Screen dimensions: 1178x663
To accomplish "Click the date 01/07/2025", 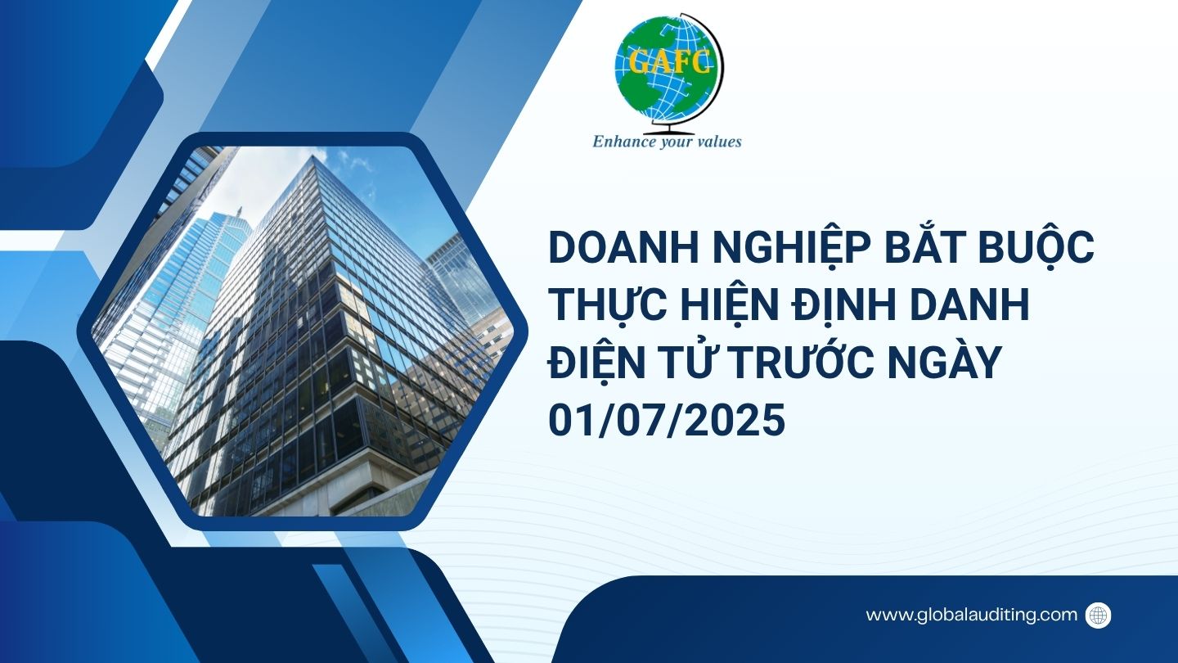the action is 667,419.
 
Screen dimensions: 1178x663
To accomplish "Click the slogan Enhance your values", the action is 667,142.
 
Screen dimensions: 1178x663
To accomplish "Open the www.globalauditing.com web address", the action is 971,615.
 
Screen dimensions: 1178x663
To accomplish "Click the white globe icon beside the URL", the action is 1098,615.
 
